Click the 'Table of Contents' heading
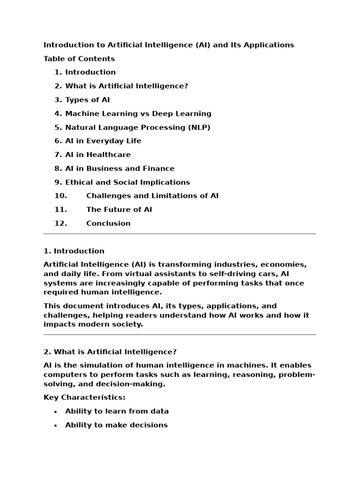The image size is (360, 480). [79, 59]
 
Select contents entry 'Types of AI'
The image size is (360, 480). [87, 100]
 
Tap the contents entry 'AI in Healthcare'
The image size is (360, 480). [97, 155]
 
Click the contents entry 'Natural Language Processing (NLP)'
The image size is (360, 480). [137, 127]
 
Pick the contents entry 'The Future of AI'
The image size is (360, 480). [119, 210]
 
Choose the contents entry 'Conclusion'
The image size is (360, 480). [108, 223]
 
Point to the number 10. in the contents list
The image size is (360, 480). [60, 196]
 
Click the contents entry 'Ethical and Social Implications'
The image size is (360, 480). [127, 182]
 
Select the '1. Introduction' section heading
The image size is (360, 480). [74, 251]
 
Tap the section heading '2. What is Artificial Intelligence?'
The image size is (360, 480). [110, 352]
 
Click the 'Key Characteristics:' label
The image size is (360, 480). [84, 397]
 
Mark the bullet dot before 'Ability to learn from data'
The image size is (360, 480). [55, 412]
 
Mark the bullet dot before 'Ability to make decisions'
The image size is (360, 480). [55, 426]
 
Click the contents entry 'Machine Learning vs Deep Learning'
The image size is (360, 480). [138, 113]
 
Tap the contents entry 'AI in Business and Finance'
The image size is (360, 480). [120, 168]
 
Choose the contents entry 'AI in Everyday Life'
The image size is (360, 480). [103, 141]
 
